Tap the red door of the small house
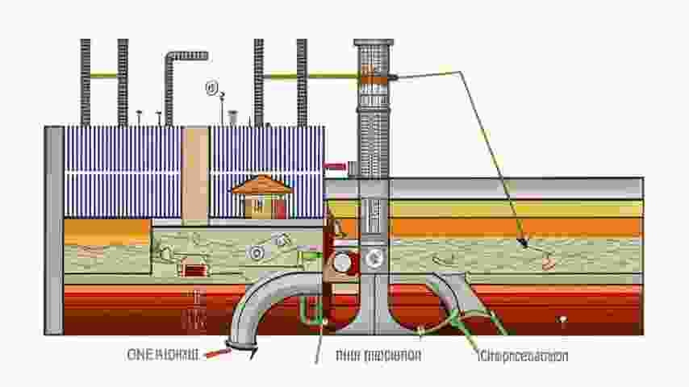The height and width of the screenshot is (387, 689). pyautogui.click(x=278, y=208)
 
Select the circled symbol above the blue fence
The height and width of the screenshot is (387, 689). pyautogui.click(x=212, y=87)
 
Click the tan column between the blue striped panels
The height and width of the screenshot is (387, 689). pyautogui.click(x=195, y=174)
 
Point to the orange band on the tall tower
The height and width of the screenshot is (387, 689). pyautogui.click(x=373, y=76)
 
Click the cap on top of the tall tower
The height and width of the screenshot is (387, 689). pyautogui.click(x=374, y=42)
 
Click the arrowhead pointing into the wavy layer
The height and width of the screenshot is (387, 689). pyautogui.click(x=524, y=243)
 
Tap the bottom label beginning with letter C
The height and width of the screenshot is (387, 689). pyautogui.click(x=523, y=356)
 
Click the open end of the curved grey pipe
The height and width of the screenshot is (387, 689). pyautogui.click(x=240, y=347)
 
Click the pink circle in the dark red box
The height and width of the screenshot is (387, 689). pyautogui.click(x=342, y=263)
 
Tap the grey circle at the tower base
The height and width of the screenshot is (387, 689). pyautogui.click(x=374, y=259)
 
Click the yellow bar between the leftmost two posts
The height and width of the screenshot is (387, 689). pyautogui.click(x=104, y=77)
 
